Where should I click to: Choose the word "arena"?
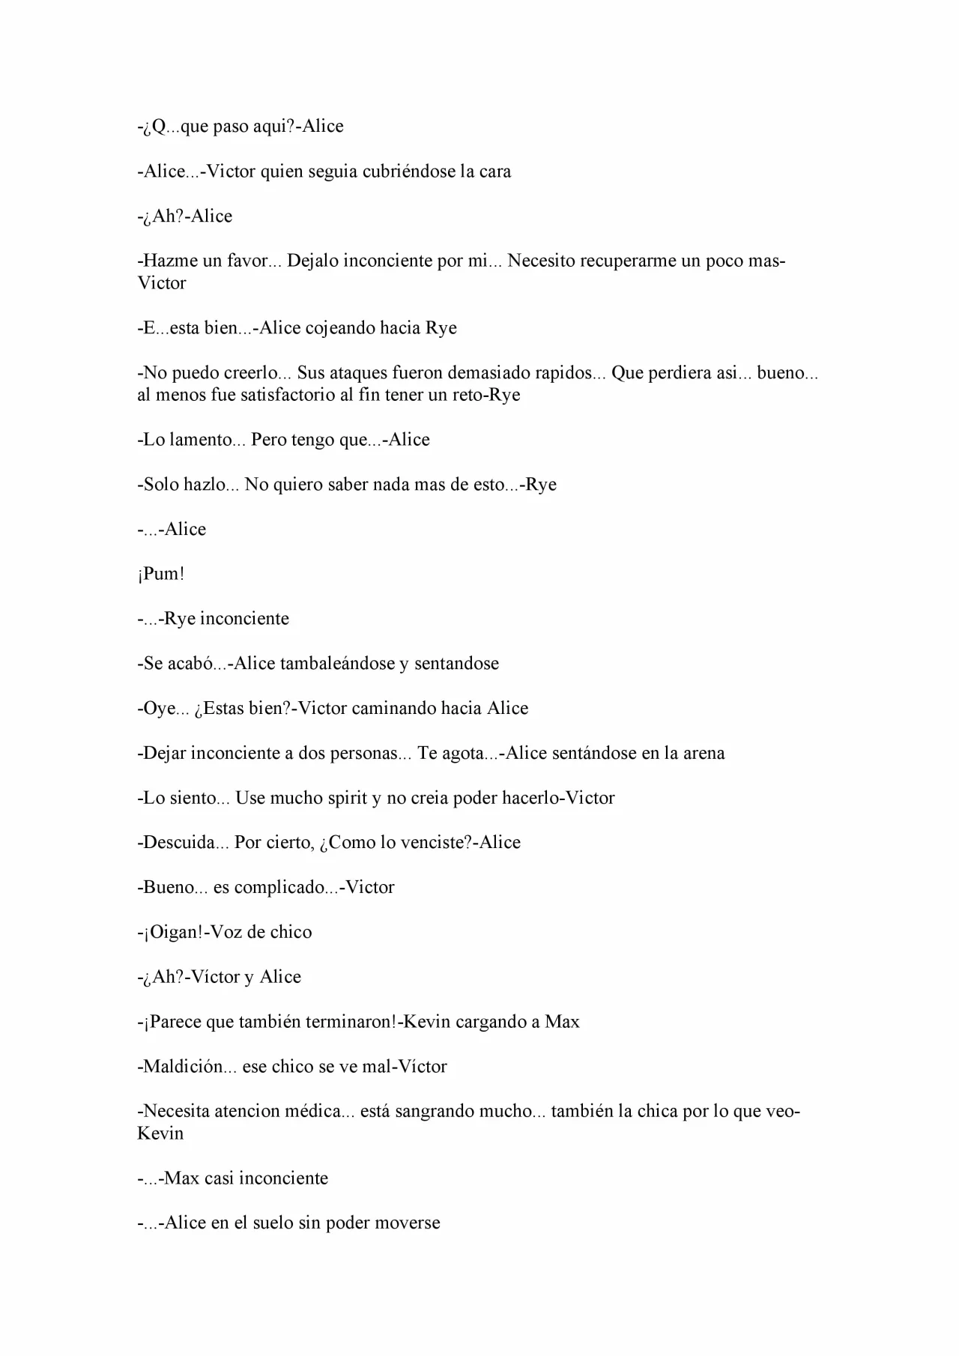(x=704, y=753)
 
